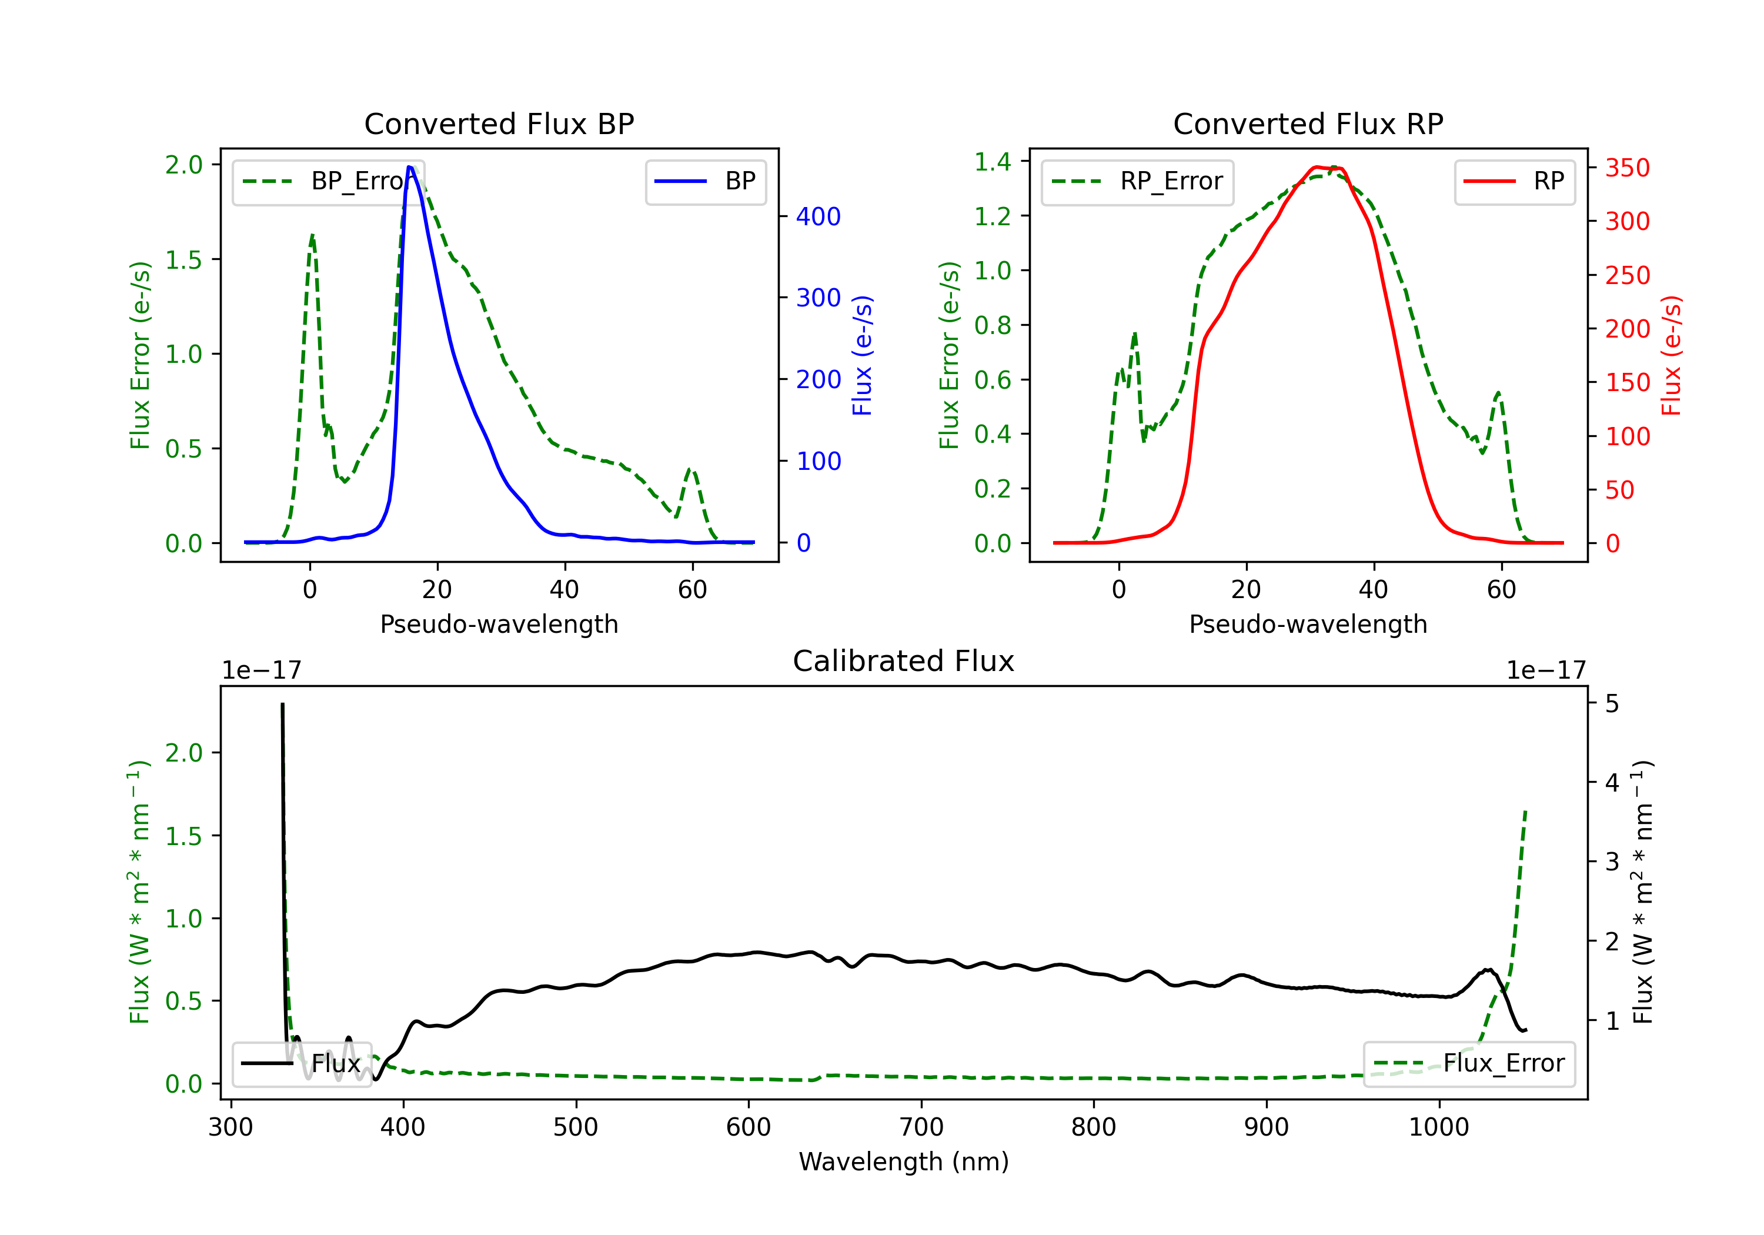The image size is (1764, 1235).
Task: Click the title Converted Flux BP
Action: pos(499,123)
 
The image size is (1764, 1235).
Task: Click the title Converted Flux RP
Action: pos(1308,123)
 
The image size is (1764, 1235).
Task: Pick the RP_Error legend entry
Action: pos(1137,181)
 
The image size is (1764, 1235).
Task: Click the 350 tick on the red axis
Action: pos(1627,168)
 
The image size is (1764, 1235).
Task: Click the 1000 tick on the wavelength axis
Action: pos(1438,1127)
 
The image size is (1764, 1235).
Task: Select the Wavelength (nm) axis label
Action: pos(904,1161)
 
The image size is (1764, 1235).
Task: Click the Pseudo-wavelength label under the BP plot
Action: pos(499,624)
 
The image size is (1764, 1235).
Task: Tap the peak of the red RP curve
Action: pos(1317,167)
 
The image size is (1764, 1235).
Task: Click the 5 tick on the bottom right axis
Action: pos(1612,703)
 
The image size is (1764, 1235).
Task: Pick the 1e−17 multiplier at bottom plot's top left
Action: pos(261,670)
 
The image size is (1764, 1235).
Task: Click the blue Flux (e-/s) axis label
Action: pos(862,355)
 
